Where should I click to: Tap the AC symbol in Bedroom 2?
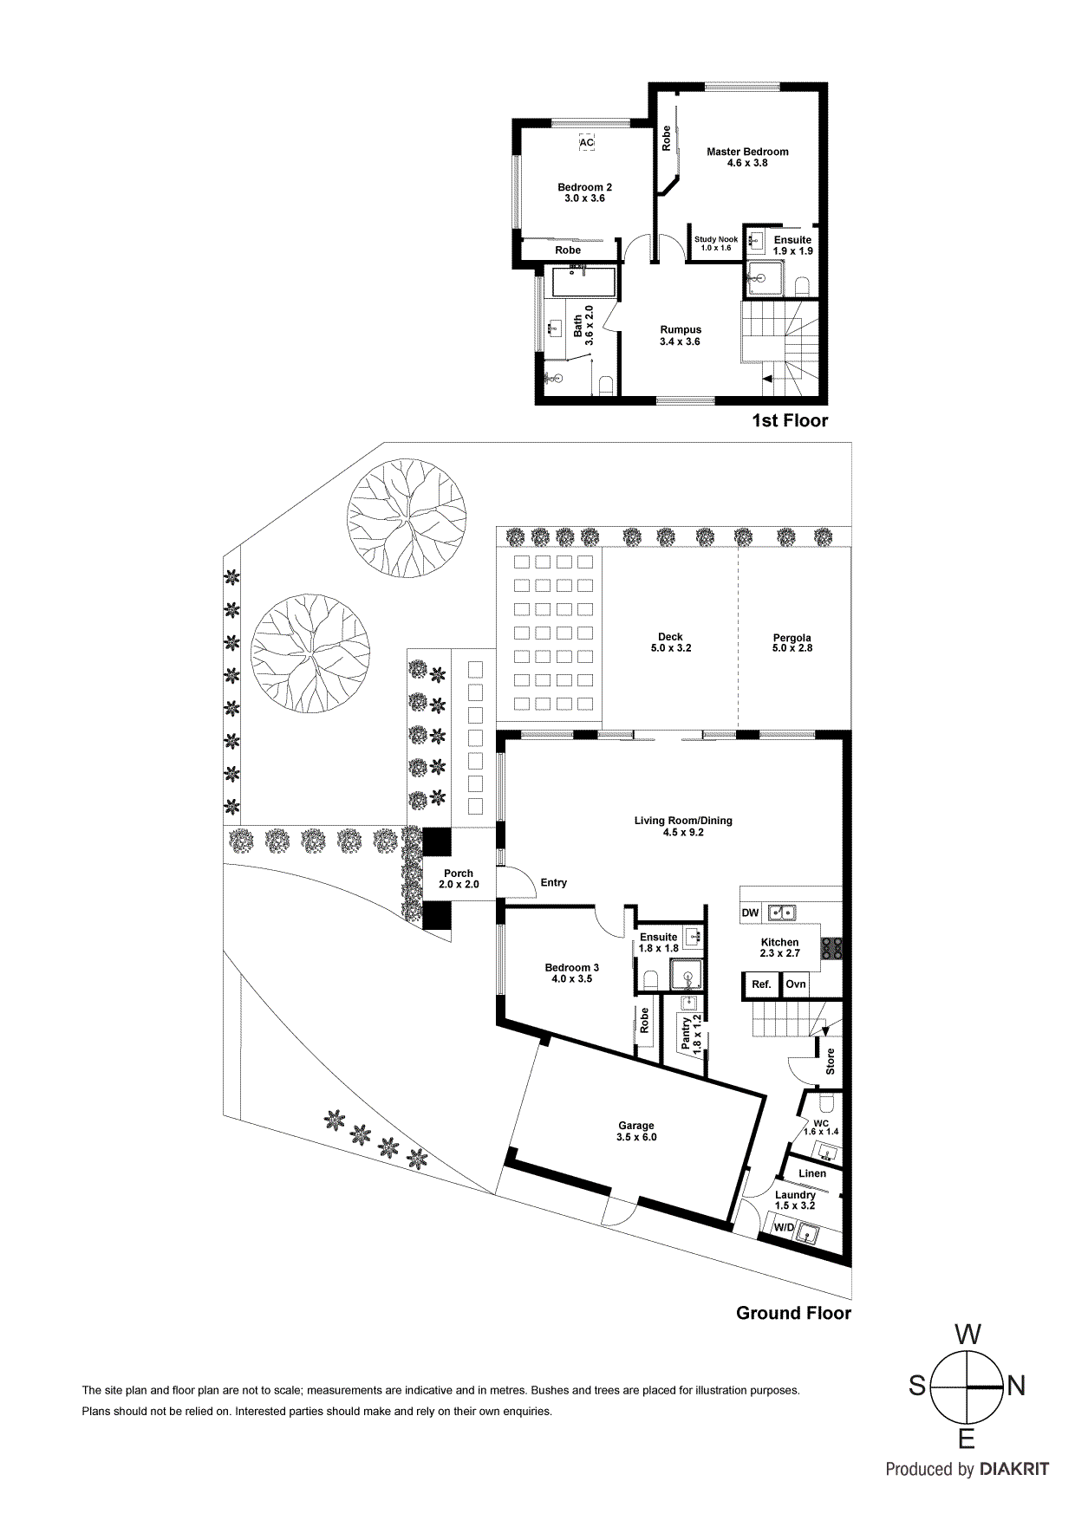click(586, 143)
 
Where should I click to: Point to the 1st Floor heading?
click(790, 421)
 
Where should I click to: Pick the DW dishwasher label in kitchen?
click(751, 913)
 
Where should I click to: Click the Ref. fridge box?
click(761, 984)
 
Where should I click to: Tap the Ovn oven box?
click(796, 984)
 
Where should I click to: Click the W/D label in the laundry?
click(784, 1228)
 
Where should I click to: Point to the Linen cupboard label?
click(812, 1173)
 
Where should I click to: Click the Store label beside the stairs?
click(831, 1062)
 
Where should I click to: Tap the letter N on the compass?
click(1016, 1387)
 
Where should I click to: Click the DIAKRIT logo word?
click(1014, 1470)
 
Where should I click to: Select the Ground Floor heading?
click(793, 1314)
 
